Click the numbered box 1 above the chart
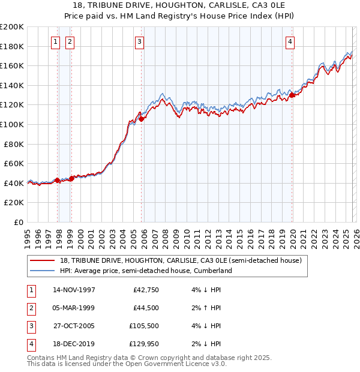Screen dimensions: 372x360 tap(55, 41)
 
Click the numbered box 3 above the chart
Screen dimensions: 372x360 tap(139, 41)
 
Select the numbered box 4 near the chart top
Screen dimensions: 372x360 tap(290, 41)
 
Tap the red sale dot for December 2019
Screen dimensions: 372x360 tap(292, 95)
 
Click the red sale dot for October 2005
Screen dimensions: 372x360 tap(142, 119)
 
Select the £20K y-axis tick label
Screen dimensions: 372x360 tap(14, 203)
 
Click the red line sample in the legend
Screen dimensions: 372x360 tap(43, 260)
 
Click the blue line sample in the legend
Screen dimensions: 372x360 tap(43, 271)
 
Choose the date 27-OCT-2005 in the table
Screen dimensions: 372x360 tap(74, 326)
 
